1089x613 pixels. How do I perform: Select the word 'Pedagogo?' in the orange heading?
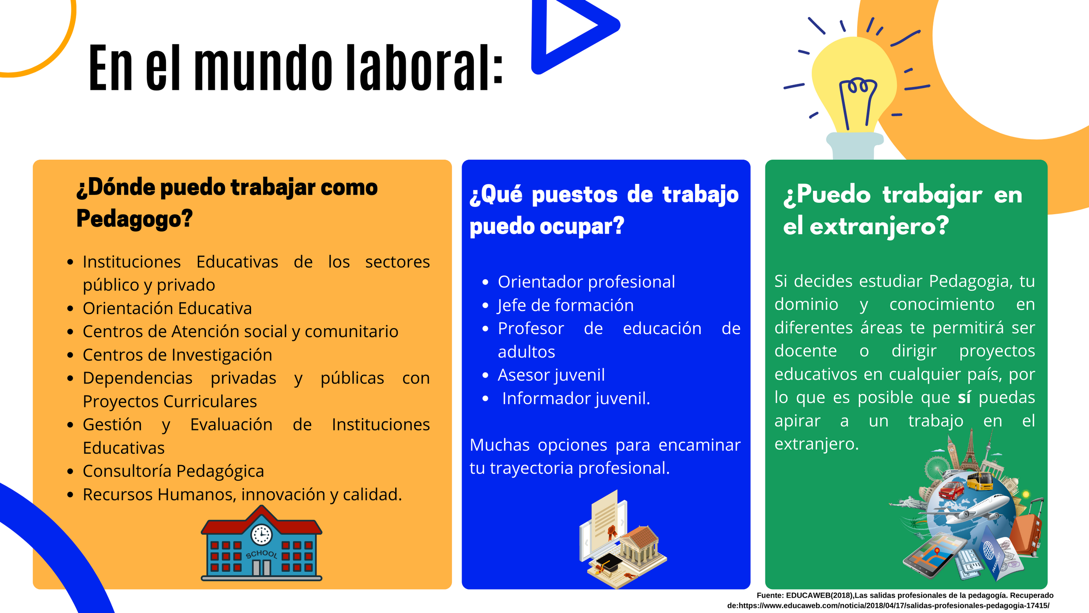pyautogui.click(x=134, y=219)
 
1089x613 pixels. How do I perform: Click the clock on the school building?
pyautogui.click(x=261, y=534)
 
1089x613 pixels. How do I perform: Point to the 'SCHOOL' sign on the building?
pyautogui.click(x=261, y=554)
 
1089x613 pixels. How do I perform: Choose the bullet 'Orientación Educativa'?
pyautogui.click(x=167, y=308)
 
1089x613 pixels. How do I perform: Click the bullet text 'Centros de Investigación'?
pyautogui.click(x=177, y=355)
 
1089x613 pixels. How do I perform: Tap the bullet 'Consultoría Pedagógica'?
pyautogui.click(x=173, y=471)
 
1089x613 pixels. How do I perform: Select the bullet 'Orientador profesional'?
pyautogui.click(x=586, y=282)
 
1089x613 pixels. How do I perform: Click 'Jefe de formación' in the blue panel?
pyautogui.click(x=565, y=305)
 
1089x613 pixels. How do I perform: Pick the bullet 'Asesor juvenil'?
pyautogui.click(x=551, y=375)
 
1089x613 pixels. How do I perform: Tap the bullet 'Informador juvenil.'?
pyautogui.click(x=576, y=398)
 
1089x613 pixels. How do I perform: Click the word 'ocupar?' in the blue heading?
pyautogui.click(x=582, y=226)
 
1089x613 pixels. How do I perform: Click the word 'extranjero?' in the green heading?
pyautogui.click(x=879, y=226)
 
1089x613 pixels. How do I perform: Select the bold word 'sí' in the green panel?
pyautogui.click(x=964, y=398)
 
